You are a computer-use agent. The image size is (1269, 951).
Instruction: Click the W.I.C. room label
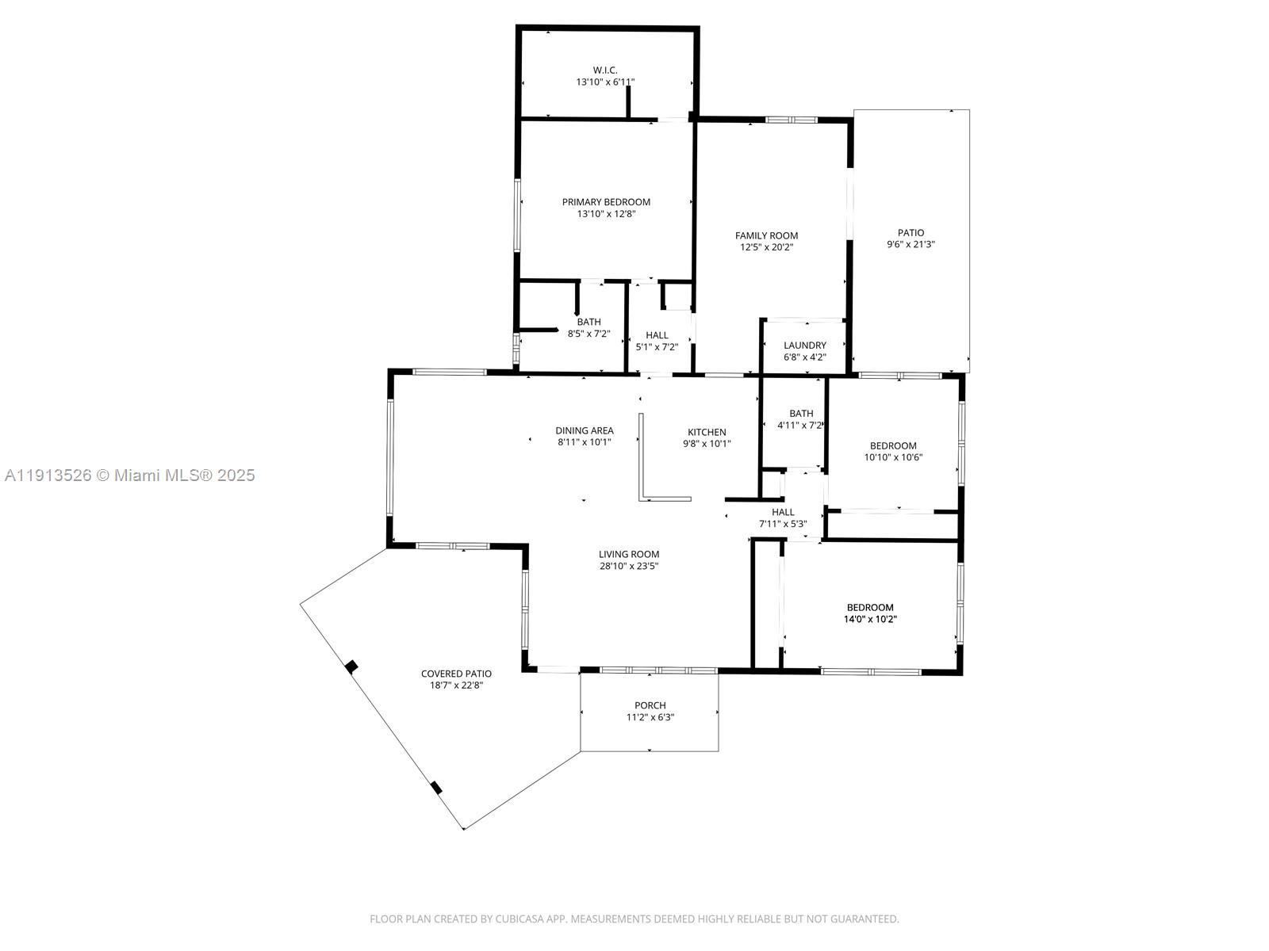click(x=605, y=71)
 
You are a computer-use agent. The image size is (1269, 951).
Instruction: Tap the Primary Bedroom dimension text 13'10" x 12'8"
click(x=606, y=214)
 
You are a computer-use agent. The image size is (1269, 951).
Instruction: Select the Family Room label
click(x=766, y=235)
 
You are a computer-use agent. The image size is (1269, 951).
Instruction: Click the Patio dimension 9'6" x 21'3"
click(x=911, y=245)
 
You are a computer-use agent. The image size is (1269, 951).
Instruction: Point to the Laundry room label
click(x=804, y=346)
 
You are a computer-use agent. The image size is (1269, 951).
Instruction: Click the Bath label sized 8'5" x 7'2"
click(x=588, y=322)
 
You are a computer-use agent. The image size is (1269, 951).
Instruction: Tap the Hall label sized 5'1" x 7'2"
click(x=657, y=335)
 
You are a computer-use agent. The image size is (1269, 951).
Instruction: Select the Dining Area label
click(x=585, y=431)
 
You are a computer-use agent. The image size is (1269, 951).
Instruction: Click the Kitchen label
click(x=706, y=432)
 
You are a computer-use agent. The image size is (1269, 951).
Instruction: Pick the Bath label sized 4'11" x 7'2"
click(x=801, y=414)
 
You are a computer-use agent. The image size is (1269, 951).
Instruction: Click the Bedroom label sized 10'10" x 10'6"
click(x=893, y=445)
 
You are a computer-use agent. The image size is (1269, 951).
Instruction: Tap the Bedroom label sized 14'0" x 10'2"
click(x=870, y=608)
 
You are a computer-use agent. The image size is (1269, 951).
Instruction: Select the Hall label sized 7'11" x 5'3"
click(x=783, y=512)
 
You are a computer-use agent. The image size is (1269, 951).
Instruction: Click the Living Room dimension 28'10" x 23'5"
click(x=629, y=566)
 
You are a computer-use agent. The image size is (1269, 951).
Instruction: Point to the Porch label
click(x=650, y=705)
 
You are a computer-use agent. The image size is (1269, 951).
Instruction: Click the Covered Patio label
click(x=456, y=674)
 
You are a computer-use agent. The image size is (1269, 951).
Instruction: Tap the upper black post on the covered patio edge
click(x=352, y=666)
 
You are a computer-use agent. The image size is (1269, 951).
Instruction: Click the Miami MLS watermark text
click(x=129, y=475)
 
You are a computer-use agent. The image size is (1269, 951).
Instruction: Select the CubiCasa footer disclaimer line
click(x=634, y=919)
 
